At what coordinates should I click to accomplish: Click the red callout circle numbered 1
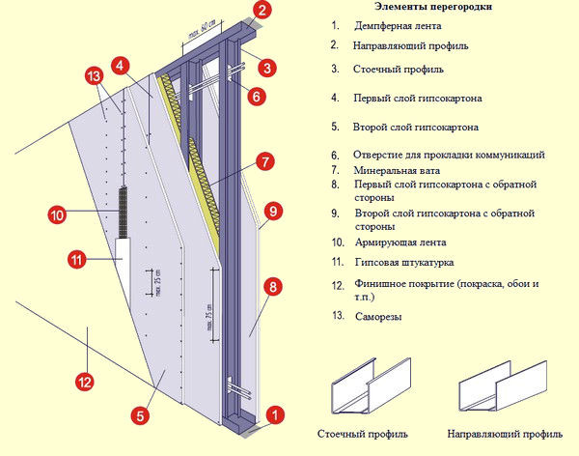(x=276, y=414)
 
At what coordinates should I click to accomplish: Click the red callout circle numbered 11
(x=78, y=258)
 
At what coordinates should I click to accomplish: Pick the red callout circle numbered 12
(x=84, y=383)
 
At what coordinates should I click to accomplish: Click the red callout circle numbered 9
(x=273, y=210)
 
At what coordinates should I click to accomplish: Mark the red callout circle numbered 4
(x=120, y=66)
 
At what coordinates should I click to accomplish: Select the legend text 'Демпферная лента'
(x=386, y=26)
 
